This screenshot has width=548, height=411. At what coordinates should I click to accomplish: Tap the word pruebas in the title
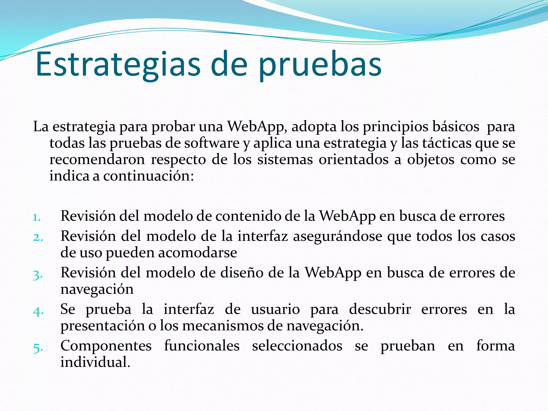(320, 66)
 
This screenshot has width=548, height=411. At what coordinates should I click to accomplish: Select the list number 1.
(37, 217)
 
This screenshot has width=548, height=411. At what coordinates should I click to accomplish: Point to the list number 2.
(38, 237)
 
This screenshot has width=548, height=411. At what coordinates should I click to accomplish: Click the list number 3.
(38, 275)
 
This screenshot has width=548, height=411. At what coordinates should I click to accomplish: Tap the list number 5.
(38, 348)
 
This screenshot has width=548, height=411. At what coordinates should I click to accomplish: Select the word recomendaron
(97, 160)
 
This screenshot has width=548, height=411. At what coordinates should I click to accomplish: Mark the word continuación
(149, 176)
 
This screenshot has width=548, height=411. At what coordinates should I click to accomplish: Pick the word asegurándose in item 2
(338, 236)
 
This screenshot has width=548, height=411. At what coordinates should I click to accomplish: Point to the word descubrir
(380, 309)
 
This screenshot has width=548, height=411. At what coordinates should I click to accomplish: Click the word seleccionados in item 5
(297, 346)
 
